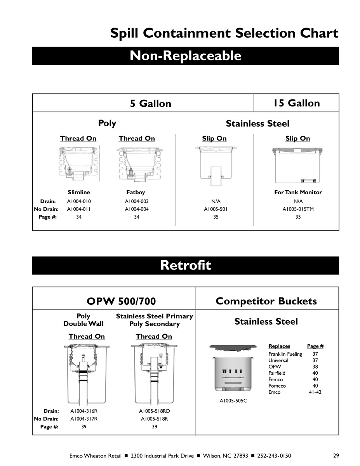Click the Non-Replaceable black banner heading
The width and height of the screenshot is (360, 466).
coord(185,56)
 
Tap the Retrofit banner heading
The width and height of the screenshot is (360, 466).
coord(185,266)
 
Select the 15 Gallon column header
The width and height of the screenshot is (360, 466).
coord(296,103)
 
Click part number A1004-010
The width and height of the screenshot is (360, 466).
coord(79,202)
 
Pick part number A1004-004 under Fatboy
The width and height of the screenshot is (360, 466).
coord(137,209)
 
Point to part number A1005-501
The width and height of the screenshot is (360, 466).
coord(216,209)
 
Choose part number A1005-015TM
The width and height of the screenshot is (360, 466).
coord(298,209)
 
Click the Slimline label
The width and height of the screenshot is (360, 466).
coord(79,192)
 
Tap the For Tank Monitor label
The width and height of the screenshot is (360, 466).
coord(298,192)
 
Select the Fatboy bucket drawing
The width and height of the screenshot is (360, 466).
coord(137,164)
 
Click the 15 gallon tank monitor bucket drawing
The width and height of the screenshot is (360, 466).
coord(298,165)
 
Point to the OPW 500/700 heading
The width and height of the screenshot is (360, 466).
coord(121,301)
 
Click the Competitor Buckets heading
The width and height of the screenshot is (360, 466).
coord(266,301)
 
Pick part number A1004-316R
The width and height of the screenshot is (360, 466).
coord(83,411)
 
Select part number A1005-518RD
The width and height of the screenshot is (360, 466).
coord(155,411)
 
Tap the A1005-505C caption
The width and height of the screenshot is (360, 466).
coord(233,401)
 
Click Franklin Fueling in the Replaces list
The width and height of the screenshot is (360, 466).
coord(285,354)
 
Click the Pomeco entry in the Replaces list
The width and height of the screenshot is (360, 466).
coord(277,386)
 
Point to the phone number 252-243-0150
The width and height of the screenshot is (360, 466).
coord(274,456)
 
